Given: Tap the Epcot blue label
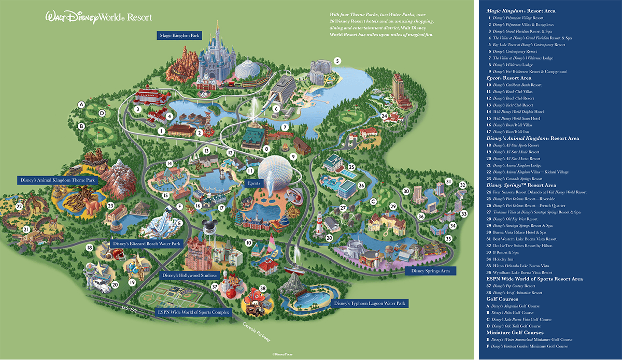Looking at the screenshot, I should pos(254,183).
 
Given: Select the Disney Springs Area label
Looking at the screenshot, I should pos(430,271).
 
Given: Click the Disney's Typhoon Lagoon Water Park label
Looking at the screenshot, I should pos(370,303).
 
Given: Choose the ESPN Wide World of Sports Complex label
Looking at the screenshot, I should pos(193,312).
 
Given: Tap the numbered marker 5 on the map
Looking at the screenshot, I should pos(337,61).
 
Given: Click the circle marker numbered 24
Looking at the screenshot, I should pos(384,116).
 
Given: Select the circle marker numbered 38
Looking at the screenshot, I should pos(263,289).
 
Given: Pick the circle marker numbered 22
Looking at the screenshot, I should pos(19,207).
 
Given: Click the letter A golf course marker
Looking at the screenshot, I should pos(81,105).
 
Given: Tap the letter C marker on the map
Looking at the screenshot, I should pos(373,201).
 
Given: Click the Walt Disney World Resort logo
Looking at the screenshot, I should pos(99,17).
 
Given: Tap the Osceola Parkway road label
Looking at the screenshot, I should pos(258,332).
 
